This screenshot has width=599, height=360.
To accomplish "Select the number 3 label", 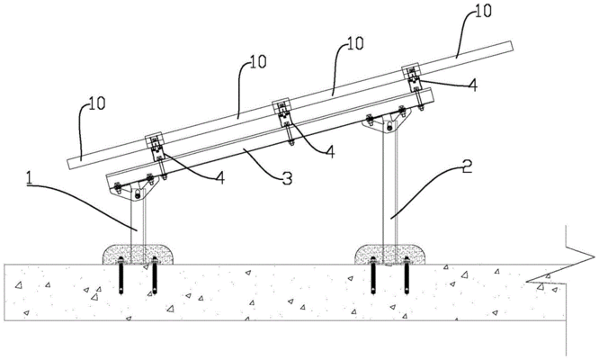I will click(285, 178).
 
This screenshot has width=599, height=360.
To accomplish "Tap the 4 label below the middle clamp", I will click(329, 152).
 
